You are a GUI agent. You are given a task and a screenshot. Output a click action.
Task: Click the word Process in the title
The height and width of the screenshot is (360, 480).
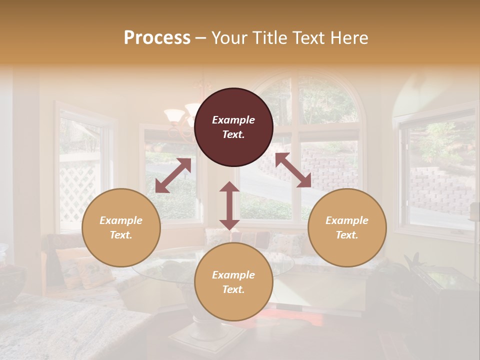click(x=157, y=38)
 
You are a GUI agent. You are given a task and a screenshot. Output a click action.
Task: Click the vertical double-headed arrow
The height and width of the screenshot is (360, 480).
click(x=229, y=205)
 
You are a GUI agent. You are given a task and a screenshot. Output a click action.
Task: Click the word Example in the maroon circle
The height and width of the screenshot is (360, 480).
click(x=233, y=120)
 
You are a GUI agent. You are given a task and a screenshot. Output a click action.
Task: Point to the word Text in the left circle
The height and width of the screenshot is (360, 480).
click(x=121, y=235)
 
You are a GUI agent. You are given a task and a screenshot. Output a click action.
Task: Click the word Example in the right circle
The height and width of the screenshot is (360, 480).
click(x=347, y=220)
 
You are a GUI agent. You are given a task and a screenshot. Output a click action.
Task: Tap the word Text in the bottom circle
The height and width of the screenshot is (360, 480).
click(x=233, y=289)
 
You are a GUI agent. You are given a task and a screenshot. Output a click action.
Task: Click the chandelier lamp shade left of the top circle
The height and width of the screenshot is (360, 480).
click(x=175, y=115)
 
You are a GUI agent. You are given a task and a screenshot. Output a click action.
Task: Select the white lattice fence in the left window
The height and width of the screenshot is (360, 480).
click(x=77, y=190)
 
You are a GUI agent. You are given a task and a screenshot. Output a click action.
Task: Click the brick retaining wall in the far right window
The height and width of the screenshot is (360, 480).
click(x=440, y=190)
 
